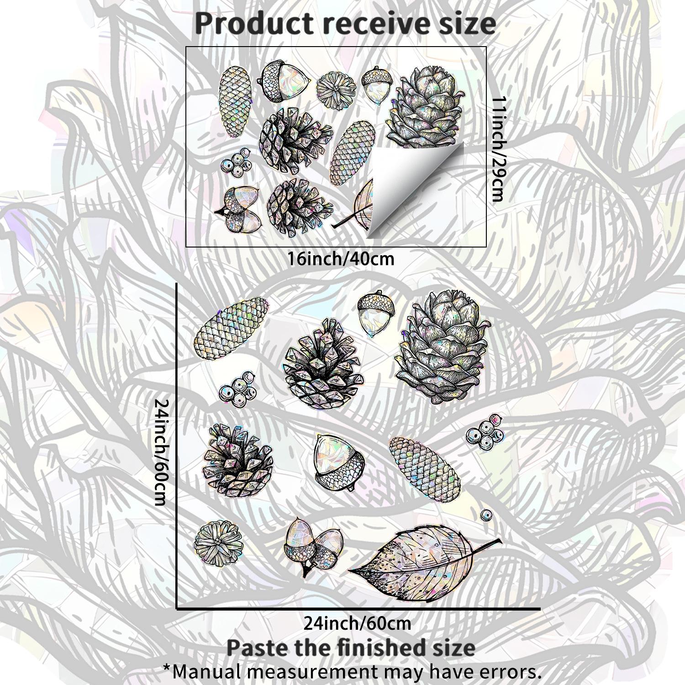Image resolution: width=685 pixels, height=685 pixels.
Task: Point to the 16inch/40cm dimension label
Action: pyautogui.click(x=341, y=259)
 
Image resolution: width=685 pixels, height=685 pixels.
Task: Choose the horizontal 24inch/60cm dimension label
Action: pyautogui.click(x=357, y=623)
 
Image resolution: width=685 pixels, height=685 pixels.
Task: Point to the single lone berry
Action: pyautogui.click(x=486, y=516)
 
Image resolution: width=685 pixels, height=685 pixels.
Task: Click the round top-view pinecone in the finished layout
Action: pyautogui.click(x=218, y=544)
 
